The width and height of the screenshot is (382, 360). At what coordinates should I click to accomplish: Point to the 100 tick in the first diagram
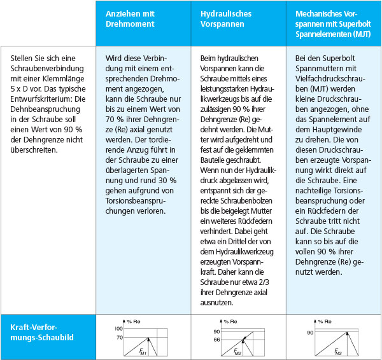tap(118, 328)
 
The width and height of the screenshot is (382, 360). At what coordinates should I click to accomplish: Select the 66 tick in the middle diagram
tap(216, 340)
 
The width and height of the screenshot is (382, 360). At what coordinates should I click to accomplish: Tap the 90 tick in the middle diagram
tap(216, 332)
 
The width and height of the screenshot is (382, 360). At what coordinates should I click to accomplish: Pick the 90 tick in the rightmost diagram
tap(311, 332)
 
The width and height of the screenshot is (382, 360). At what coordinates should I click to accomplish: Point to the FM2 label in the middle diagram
tap(236, 351)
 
